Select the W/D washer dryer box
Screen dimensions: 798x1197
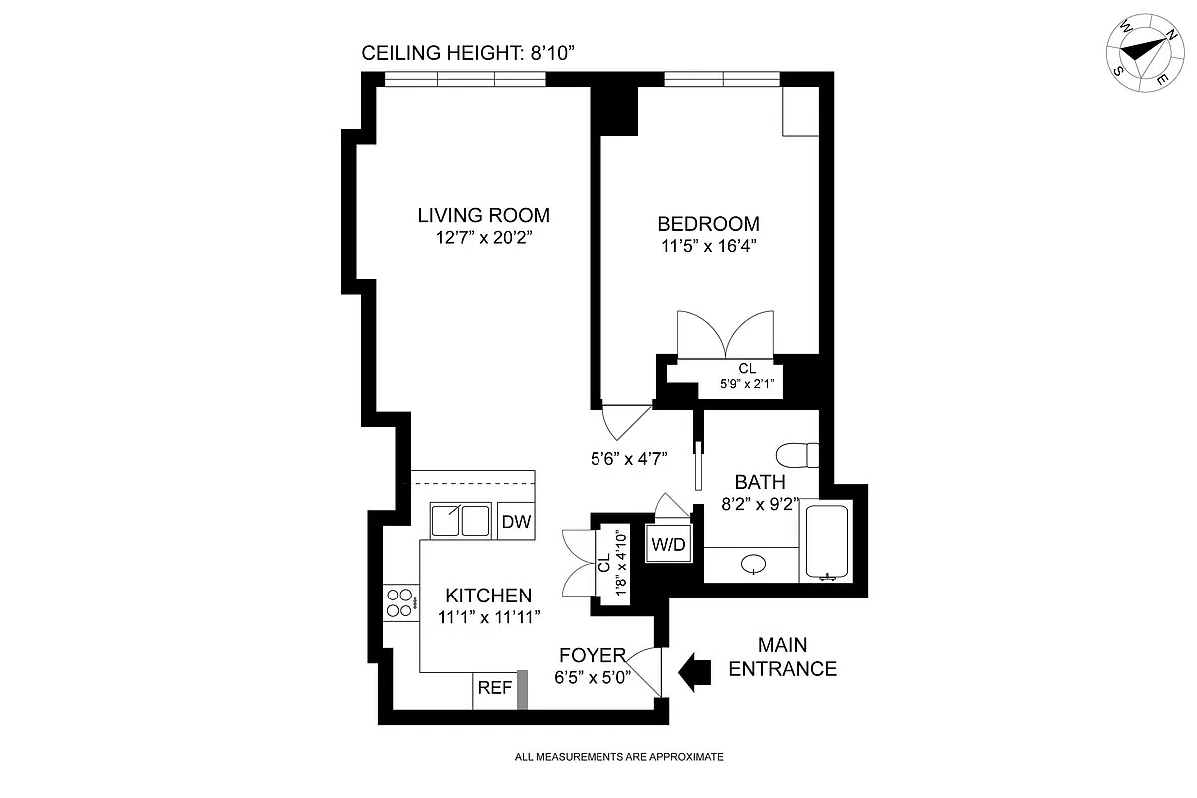[667, 544]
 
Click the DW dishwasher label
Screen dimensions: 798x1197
[515, 521]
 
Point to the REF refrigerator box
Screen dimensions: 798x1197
[495, 688]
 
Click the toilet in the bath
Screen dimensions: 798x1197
[799, 456]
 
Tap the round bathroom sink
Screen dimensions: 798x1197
[754, 566]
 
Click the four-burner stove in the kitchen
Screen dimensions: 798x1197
[401, 601]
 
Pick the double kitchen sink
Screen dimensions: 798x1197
[460, 521]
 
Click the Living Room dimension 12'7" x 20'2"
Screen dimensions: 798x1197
[483, 238]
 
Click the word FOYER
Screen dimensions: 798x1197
[592, 655]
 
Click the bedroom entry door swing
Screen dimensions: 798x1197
[622, 419]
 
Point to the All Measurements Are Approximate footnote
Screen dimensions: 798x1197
[618, 757]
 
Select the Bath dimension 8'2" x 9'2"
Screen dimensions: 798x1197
[761, 504]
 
